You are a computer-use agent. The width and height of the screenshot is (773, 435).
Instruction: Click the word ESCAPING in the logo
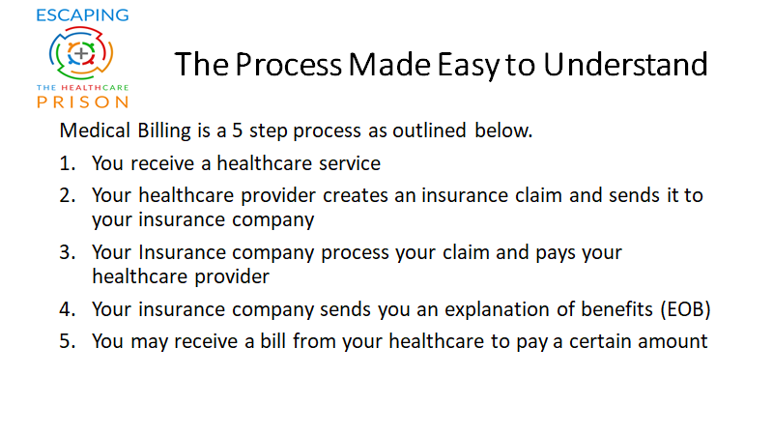(x=82, y=15)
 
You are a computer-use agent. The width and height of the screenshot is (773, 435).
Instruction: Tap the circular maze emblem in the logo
(x=81, y=53)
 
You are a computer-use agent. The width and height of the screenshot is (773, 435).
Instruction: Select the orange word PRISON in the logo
(x=82, y=102)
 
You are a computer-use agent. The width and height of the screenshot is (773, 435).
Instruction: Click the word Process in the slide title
(x=288, y=65)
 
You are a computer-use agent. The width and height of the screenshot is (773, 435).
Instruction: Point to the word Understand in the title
(x=625, y=65)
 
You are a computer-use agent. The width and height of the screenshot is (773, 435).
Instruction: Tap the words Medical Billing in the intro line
(x=126, y=131)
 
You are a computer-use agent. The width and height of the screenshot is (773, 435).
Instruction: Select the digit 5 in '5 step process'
(x=238, y=130)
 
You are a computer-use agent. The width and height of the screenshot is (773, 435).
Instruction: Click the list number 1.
(x=67, y=163)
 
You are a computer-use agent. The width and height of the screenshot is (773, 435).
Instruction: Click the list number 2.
(x=67, y=196)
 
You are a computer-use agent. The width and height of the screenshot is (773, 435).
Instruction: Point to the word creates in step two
(x=356, y=196)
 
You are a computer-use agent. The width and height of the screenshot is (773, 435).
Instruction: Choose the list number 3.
(x=67, y=252)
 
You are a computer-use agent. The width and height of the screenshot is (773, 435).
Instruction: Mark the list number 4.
(x=67, y=309)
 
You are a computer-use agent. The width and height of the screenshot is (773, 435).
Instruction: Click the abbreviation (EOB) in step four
(x=686, y=309)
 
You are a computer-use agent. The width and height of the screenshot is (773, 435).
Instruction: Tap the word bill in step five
(x=273, y=341)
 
